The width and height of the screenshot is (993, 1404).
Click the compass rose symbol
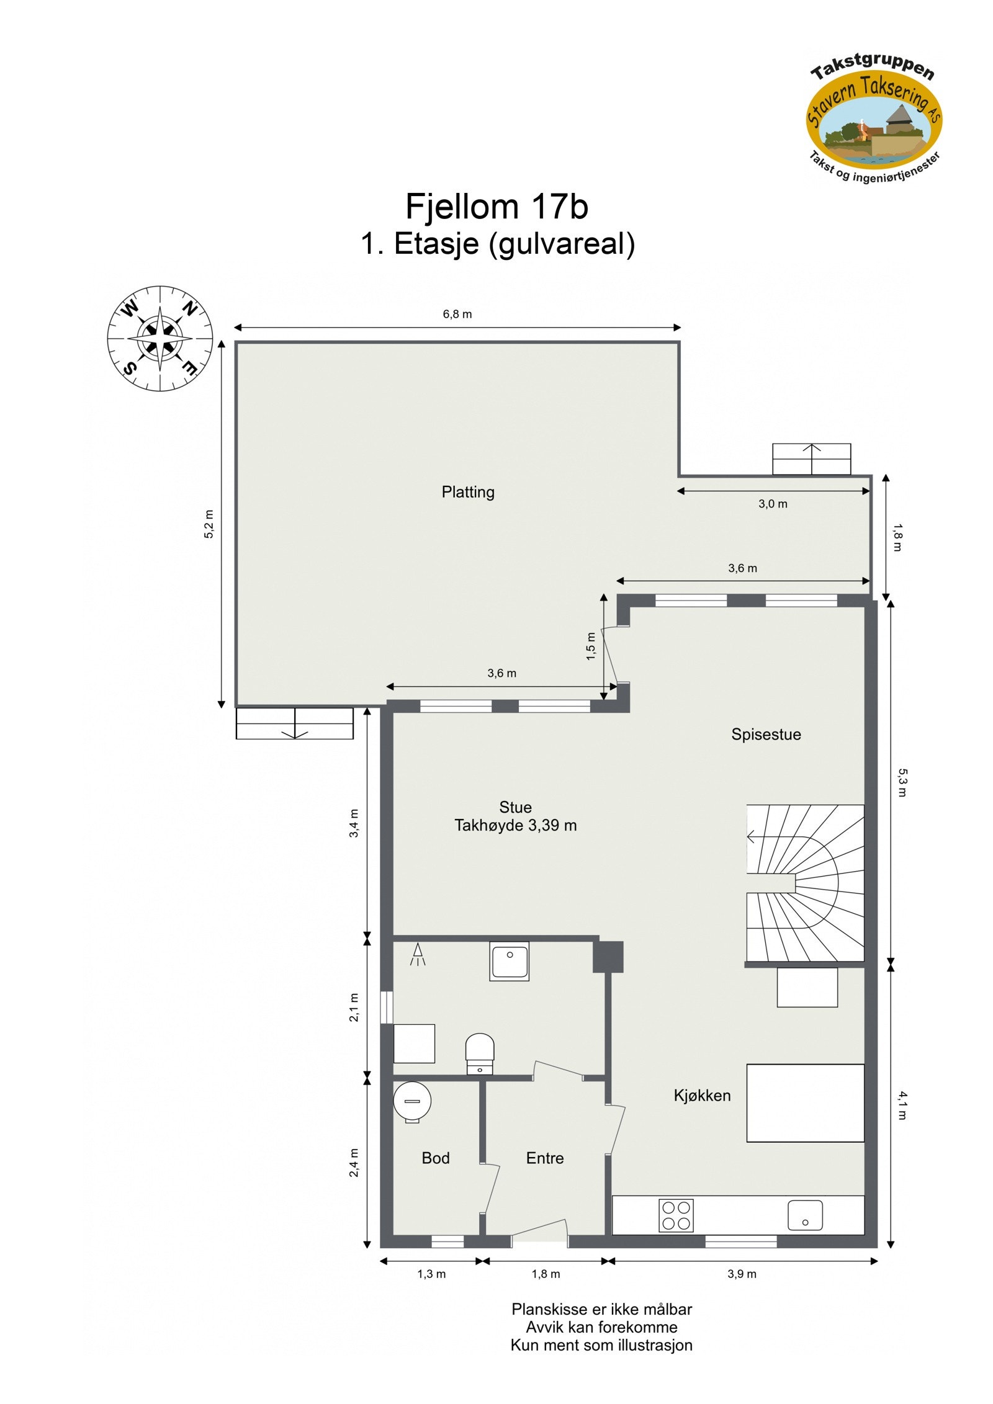pos(160,338)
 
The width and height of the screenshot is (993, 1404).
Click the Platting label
pos(468,492)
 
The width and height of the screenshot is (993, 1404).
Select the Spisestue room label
pos(765,734)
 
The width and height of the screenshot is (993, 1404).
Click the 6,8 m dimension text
pos(457,314)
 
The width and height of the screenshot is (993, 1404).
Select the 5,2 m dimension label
pos(209,524)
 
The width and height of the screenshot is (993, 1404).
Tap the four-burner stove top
pos(675,1215)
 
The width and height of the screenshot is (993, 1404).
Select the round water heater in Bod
pos(412,1101)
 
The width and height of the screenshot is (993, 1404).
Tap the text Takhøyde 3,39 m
pos(515,825)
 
